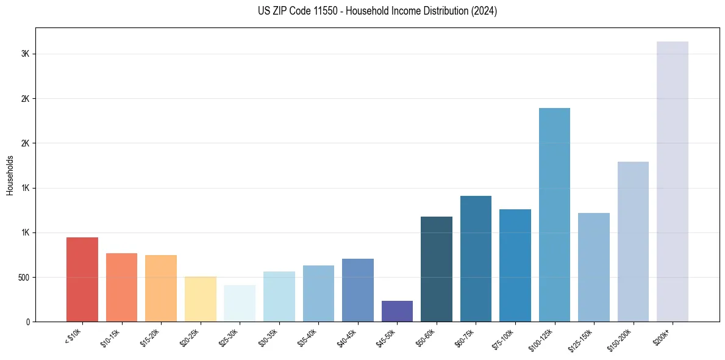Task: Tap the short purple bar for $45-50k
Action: point(397,311)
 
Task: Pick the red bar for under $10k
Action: point(82,279)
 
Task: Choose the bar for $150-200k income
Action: point(633,242)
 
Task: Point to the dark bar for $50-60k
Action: point(437,269)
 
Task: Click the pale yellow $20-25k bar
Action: point(200,299)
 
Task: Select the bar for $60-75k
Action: point(476,259)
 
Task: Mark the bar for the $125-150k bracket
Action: point(594,267)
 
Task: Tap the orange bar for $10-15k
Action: point(121,287)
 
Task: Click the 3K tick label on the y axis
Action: point(25,54)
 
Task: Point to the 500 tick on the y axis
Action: point(23,278)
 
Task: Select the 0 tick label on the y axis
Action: point(27,322)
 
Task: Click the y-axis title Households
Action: point(10,175)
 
